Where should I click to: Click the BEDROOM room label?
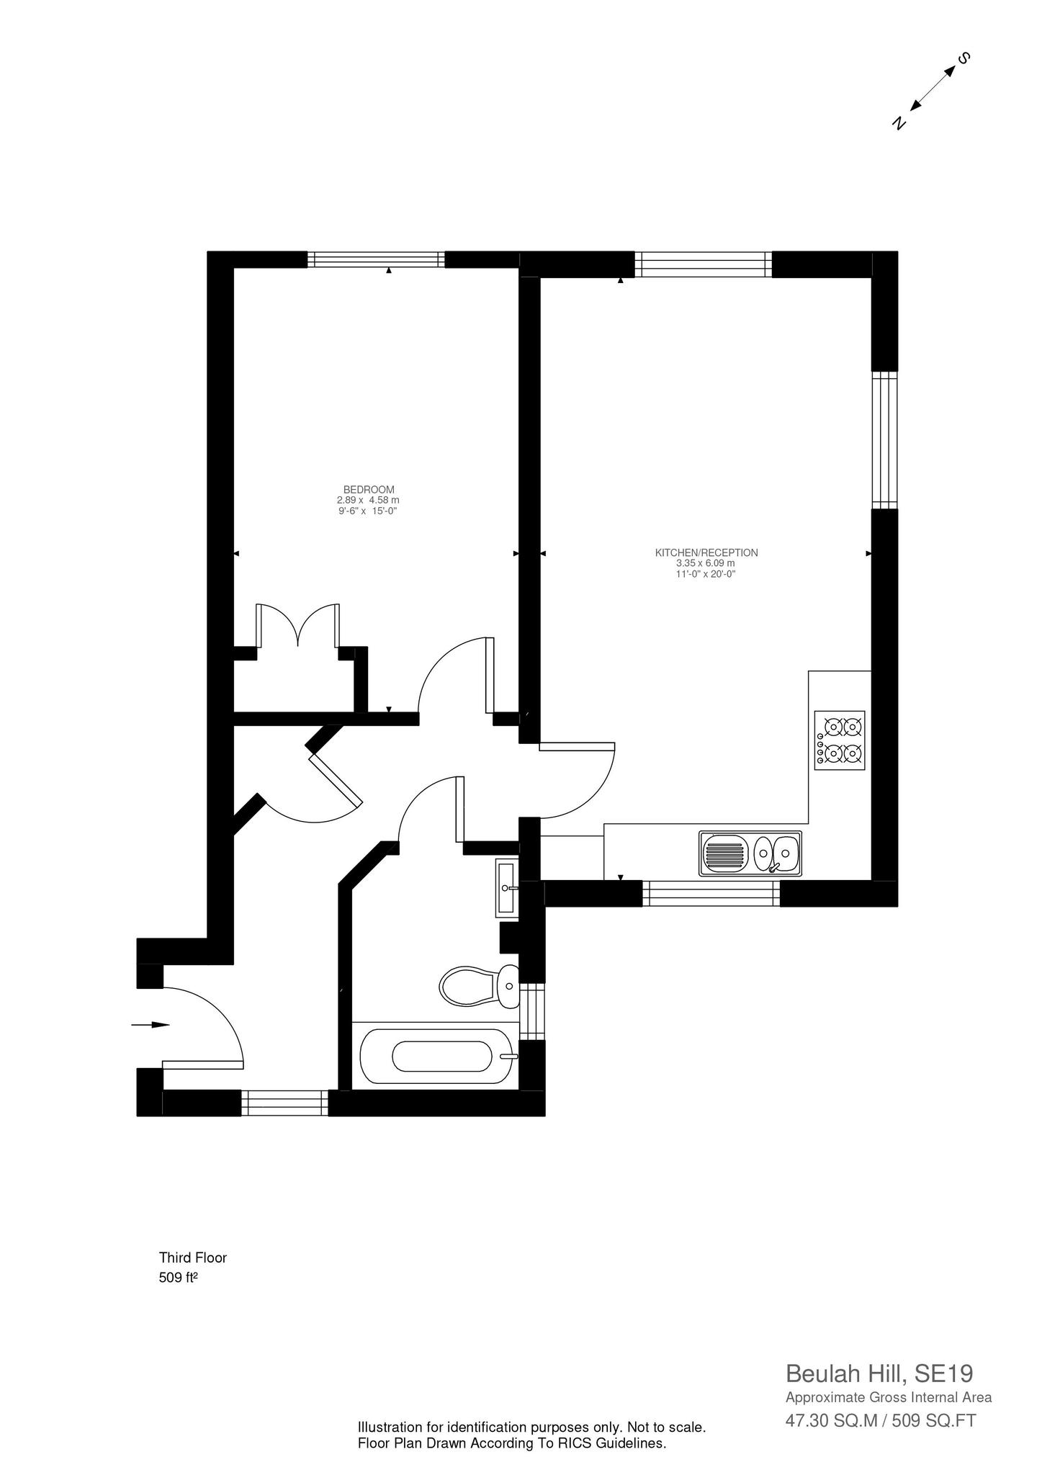pos(368,489)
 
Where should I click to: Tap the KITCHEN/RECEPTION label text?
pos(706,552)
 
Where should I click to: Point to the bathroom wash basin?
pos(507,887)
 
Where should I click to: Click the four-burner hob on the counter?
pos(840,740)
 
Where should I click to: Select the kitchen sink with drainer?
pos(750,853)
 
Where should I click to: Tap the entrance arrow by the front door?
pos(151,1024)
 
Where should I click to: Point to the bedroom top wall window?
pos(376,259)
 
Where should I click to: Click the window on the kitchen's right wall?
pos(885,440)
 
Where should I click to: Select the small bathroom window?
pos(532,1011)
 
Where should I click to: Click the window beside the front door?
pos(284,1103)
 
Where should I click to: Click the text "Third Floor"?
pos(192,1257)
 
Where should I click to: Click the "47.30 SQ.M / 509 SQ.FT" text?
pos(880,1420)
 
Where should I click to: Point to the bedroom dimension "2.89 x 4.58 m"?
pos(368,500)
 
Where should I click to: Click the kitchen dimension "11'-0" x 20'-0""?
pos(706,574)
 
